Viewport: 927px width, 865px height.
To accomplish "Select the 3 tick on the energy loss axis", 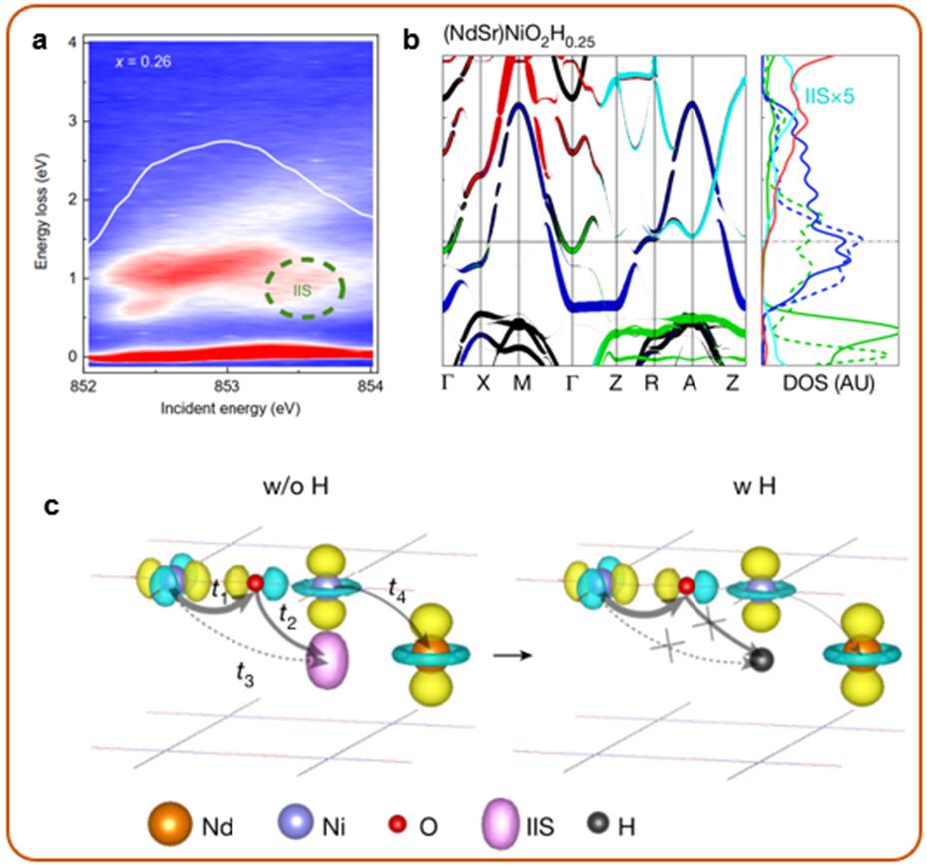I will [x=70, y=120].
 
